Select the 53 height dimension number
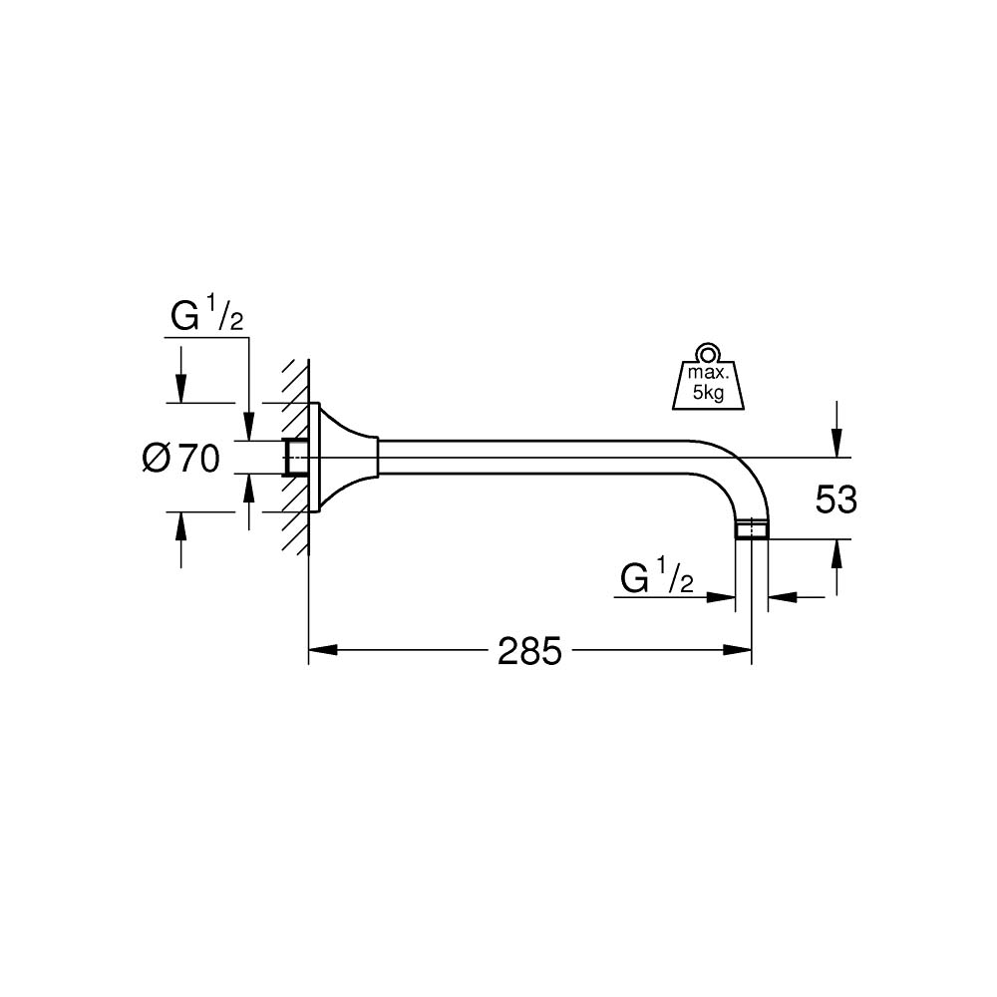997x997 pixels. click(835, 499)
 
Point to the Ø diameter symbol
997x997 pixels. click(157, 459)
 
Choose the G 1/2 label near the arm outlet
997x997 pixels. click(656, 577)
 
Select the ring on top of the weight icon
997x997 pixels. click(707, 352)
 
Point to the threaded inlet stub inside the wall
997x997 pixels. click(294, 458)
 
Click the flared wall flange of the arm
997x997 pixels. click(344, 458)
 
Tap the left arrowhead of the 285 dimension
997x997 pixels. click(321, 651)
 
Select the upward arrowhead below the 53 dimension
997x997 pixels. click(835, 551)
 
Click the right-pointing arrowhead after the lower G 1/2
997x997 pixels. click(722, 597)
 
